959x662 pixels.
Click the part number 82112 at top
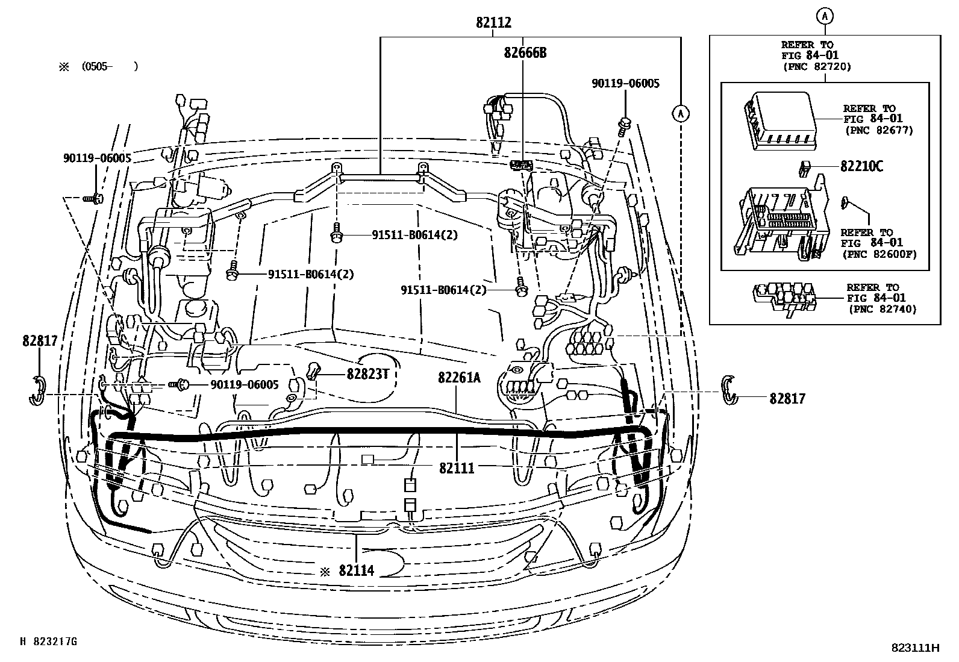pos(493,23)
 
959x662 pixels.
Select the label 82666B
pos(525,53)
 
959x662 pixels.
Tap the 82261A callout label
pos(459,377)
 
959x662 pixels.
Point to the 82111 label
pos(457,467)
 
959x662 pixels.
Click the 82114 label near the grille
pos(356,570)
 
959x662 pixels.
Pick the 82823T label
pos(366,374)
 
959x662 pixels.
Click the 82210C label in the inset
pos(861,167)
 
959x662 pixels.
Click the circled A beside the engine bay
pos(681,113)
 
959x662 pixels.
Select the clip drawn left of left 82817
pos(37,390)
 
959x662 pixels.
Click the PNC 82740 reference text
pos(882,309)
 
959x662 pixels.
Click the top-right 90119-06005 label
pos(625,83)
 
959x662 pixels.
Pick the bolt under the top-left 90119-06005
pos(95,197)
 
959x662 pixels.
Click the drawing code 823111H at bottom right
pos(916,648)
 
